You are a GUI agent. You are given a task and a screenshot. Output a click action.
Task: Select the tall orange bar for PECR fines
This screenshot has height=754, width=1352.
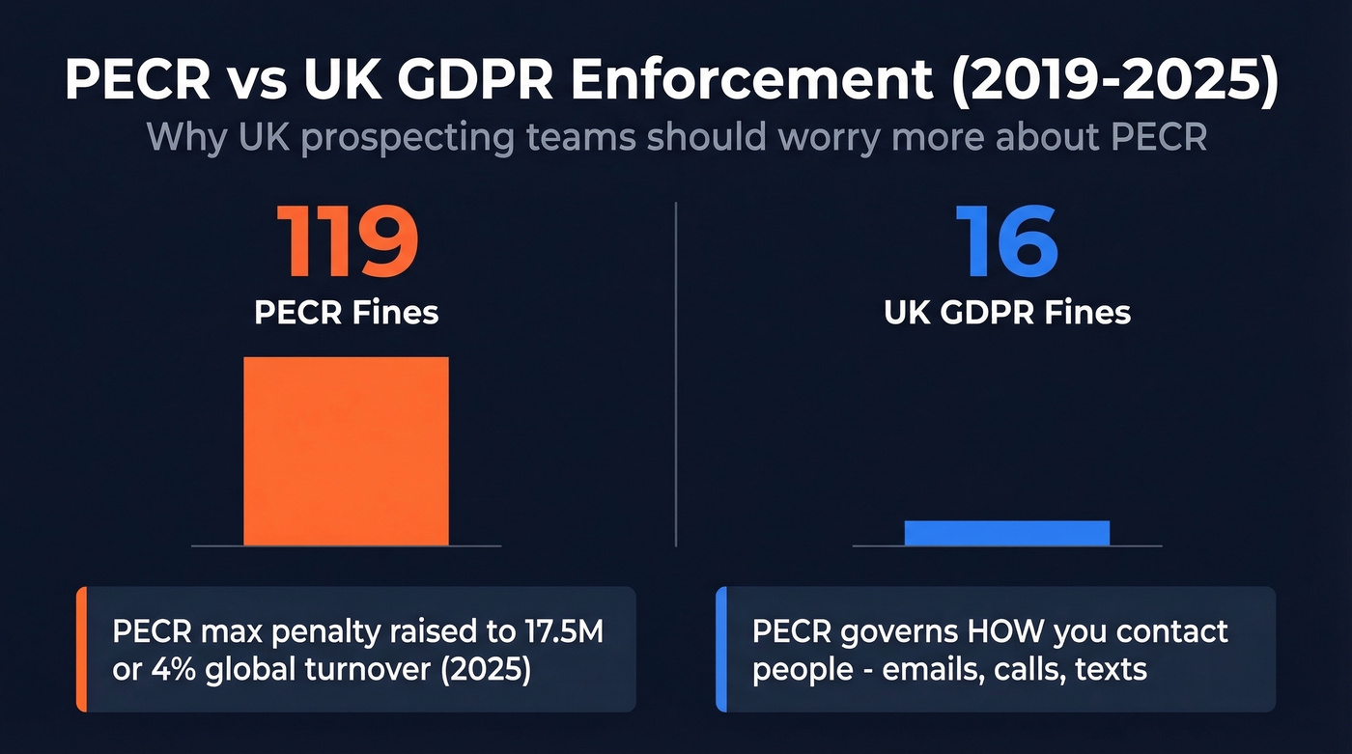[x=346, y=451]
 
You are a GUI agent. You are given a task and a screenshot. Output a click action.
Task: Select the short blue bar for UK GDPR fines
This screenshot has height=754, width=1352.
[x=1007, y=533]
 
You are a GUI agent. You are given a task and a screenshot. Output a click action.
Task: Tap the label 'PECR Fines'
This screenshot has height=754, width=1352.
[x=347, y=313]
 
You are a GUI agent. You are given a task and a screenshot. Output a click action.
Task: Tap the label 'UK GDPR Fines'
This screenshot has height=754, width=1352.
[x=1007, y=313]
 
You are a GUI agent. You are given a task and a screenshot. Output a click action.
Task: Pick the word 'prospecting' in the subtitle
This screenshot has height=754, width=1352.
[x=467, y=137]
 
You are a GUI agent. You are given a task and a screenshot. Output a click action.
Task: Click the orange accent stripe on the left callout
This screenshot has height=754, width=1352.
[x=81, y=649]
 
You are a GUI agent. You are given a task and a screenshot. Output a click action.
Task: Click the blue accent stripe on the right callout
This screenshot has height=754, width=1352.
[x=720, y=649]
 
